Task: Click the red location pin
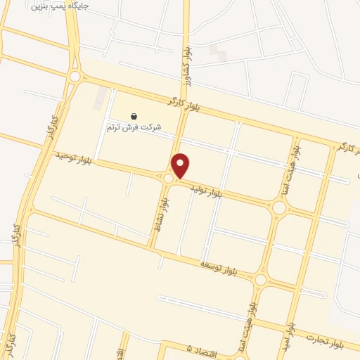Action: (x=181, y=165)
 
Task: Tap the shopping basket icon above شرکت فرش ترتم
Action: (x=134, y=116)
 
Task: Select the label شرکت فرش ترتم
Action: (x=134, y=127)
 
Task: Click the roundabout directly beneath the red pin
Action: (x=169, y=179)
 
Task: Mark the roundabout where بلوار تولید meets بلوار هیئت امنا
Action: (x=279, y=207)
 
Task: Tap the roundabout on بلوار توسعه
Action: (x=261, y=280)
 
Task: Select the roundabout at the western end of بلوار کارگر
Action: (x=75, y=77)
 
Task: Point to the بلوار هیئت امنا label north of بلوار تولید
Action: (x=297, y=165)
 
